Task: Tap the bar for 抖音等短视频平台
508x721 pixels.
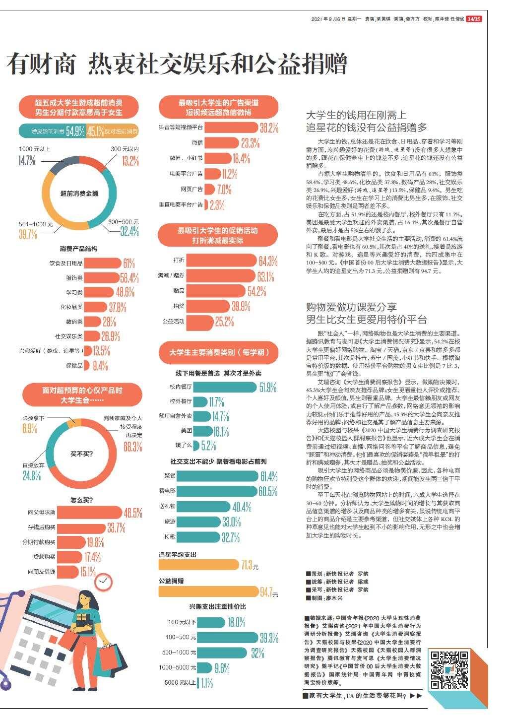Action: (x=231, y=128)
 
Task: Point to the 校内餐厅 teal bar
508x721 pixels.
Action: (x=225, y=387)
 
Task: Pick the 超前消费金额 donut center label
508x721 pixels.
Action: (x=79, y=194)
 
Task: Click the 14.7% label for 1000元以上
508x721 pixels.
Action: (x=27, y=160)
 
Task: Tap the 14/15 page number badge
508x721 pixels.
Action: (x=474, y=19)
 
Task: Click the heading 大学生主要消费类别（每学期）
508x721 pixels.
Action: (x=219, y=352)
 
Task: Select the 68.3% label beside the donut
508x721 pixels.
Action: (x=132, y=447)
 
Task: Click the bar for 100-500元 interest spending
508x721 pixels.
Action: (x=228, y=638)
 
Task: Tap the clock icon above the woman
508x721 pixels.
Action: (x=104, y=582)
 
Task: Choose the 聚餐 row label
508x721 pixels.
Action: (x=170, y=476)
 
